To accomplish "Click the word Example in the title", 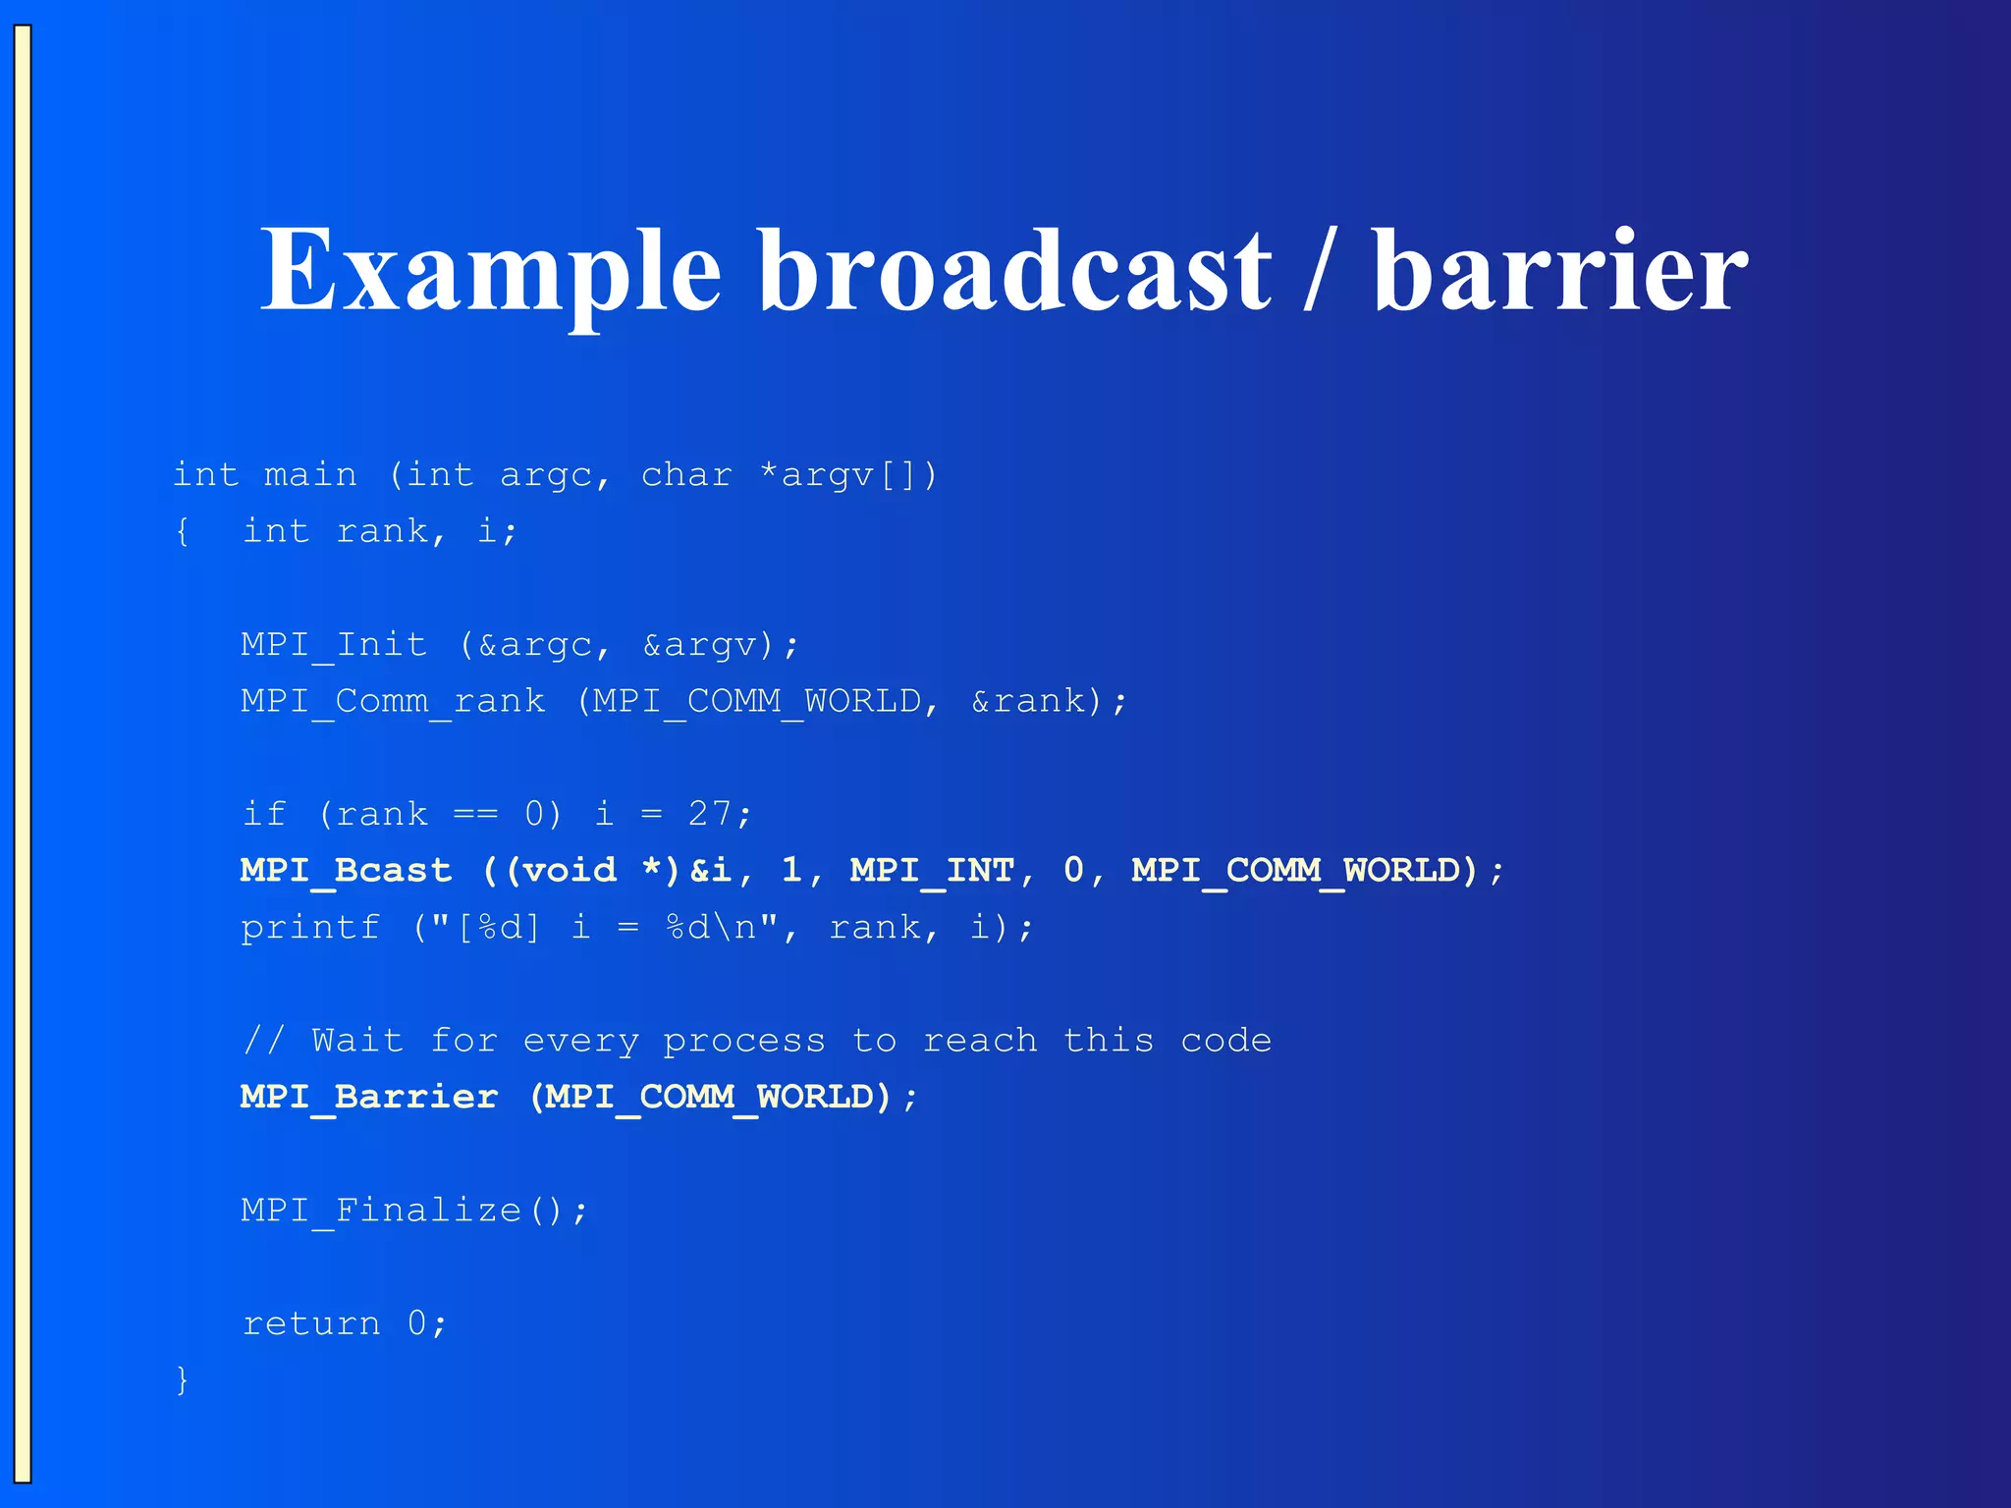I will pyautogui.click(x=490, y=270).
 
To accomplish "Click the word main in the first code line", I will pyautogui.click(x=310, y=475).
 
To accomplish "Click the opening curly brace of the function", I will pyautogui.click(x=182, y=532).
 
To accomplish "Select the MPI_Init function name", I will pyautogui.click(x=334, y=645).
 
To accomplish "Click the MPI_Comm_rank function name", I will pyautogui.click(x=393, y=701).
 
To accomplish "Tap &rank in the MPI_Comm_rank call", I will pyautogui.click(x=1028, y=701).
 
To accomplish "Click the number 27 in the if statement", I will pyautogui.click(x=710, y=814).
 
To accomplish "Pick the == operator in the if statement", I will pyautogui.click(x=475, y=815).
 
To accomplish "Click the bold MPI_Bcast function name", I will pyautogui.click(x=346, y=871).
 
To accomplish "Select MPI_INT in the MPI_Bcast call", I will pyautogui.click(x=931, y=871).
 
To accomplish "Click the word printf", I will pyautogui.click(x=310, y=928).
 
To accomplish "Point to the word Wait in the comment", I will pyautogui.click(x=357, y=1040).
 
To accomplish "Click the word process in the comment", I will pyautogui.click(x=743, y=1041).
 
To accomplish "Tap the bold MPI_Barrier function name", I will pyautogui.click(x=369, y=1097).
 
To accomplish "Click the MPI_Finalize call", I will pyautogui.click(x=412, y=1210).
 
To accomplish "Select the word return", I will pyautogui.click(x=310, y=1323).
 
